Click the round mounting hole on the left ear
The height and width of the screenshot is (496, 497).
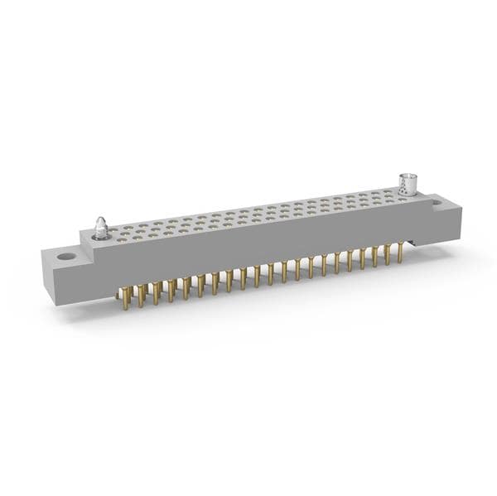tap(65, 257)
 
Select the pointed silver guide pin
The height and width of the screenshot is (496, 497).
tap(100, 228)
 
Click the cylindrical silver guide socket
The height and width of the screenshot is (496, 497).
tap(408, 185)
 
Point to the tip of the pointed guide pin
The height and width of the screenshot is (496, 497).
tap(100, 219)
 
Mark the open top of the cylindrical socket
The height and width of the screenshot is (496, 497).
tap(408, 176)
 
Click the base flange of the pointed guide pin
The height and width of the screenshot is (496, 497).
tap(100, 236)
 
